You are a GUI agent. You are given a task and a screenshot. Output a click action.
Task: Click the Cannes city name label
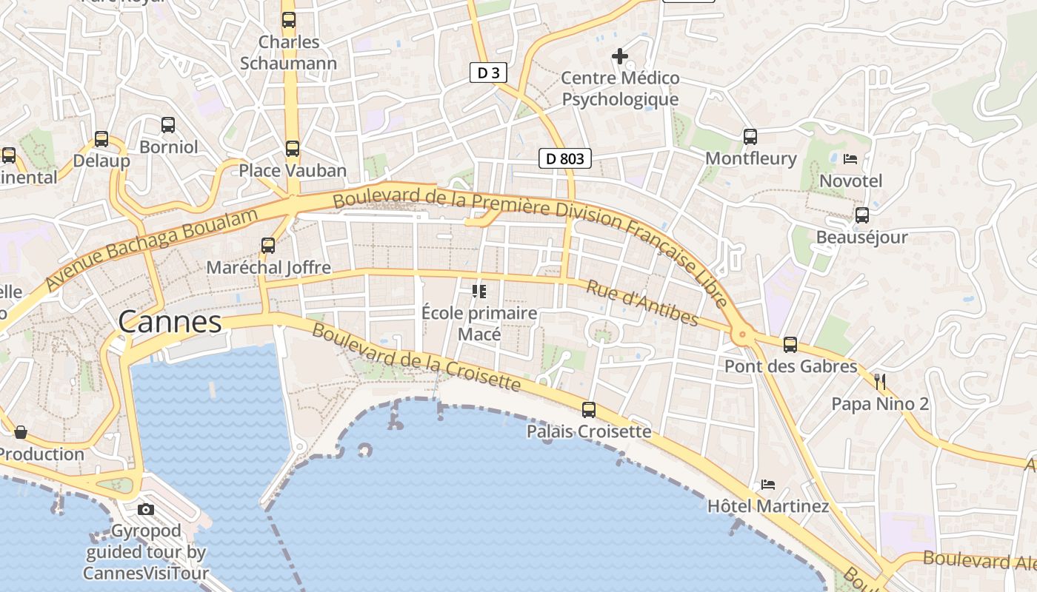pyautogui.click(x=170, y=322)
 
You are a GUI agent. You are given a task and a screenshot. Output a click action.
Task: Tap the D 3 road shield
pyautogui.click(x=488, y=73)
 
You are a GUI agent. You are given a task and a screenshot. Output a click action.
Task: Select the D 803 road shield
pyautogui.click(x=564, y=158)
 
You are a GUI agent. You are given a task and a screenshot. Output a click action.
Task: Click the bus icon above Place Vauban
pyautogui.click(x=293, y=149)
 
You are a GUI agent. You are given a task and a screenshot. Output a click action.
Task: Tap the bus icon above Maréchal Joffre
pyautogui.click(x=268, y=245)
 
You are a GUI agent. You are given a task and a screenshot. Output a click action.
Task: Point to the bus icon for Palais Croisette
pyautogui.click(x=589, y=409)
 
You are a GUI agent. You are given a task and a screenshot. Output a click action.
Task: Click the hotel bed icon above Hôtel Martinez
pyautogui.click(x=768, y=485)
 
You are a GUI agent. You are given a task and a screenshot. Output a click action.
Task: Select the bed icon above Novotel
pyautogui.click(x=850, y=159)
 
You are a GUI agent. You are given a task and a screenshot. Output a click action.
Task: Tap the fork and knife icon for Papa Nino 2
pyautogui.click(x=880, y=382)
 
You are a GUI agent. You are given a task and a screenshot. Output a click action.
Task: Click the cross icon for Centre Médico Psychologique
pyautogui.click(x=620, y=56)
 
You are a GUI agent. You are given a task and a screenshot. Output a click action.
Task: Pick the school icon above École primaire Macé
pyautogui.click(x=479, y=292)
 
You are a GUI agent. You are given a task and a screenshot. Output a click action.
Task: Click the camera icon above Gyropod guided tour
pyautogui.click(x=146, y=509)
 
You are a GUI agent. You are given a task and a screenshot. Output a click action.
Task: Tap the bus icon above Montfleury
pyautogui.click(x=750, y=136)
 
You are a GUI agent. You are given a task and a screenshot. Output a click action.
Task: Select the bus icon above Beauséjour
pyautogui.click(x=861, y=215)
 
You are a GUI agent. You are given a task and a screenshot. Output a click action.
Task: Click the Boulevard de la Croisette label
pyautogui.click(x=416, y=357)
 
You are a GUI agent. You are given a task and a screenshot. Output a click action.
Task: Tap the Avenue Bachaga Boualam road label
pyautogui.click(x=152, y=249)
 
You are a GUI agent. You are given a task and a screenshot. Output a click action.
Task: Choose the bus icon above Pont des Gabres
pyautogui.click(x=790, y=344)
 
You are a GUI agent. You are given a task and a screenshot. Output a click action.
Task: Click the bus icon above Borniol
pyautogui.click(x=168, y=125)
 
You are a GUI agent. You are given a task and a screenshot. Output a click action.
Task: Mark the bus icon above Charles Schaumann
pyautogui.click(x=288, y=20)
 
